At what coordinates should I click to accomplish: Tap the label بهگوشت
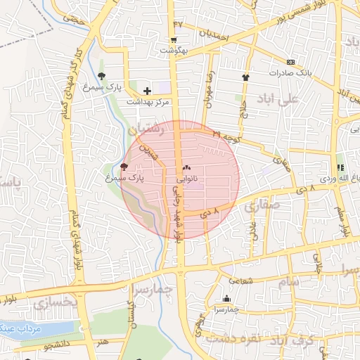(x=174, y=51)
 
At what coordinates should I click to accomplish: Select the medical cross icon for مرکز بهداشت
(x=147, y=91)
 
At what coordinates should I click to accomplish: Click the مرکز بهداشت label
(x=148, y=102)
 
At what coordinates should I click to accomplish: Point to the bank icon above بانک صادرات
(x=290, y=62)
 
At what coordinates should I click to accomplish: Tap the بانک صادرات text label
(x=290, y=73)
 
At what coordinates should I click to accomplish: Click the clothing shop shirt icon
(x=246, y=77)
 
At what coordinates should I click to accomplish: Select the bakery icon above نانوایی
(x=186, y=169)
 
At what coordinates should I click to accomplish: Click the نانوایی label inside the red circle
(x=186, y=180)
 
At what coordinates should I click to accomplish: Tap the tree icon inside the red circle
(x=124, y=167)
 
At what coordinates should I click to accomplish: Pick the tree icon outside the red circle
(x=102, y=75)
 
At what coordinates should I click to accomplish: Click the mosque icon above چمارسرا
(x=226, y=298)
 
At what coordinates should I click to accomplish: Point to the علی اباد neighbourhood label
(x=278, y=98)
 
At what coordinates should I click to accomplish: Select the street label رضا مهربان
(x=209, y=88)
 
